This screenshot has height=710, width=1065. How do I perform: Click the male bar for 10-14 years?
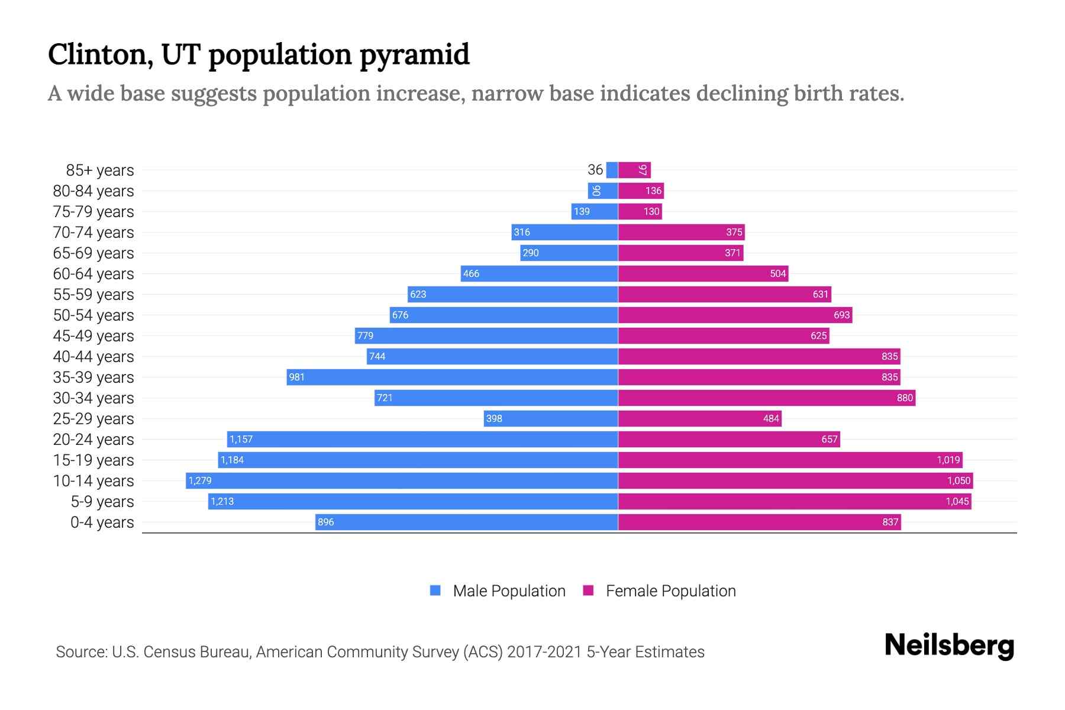(402, 480)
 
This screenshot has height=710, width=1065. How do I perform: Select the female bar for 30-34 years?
(766, 398)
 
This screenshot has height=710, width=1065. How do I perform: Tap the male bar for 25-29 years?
(550, 418)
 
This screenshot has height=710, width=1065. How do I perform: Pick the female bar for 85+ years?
(634, 170)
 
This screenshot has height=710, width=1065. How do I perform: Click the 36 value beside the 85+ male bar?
(595, 170)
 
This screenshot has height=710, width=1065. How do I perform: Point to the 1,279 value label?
(200, 480)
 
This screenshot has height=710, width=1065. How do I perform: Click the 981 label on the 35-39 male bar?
(296, 377)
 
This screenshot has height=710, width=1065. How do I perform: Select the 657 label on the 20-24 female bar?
(830, 439)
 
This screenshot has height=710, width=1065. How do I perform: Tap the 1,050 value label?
(958, 480)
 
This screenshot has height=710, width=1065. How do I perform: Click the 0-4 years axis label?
(102, 522)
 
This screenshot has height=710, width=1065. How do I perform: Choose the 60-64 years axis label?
(93, 274)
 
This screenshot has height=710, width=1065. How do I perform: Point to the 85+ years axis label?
(100, 170)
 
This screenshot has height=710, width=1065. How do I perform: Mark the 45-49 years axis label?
(93, 336)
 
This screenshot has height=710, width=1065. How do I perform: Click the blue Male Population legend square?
(435, 590)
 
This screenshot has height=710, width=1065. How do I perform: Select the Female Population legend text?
(670, 591)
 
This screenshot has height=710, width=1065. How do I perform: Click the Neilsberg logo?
(949, 646)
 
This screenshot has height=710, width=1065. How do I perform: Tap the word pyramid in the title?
(414, 55)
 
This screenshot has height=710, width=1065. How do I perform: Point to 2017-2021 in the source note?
(544, 652)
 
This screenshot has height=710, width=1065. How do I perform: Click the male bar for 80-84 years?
(603, 191)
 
